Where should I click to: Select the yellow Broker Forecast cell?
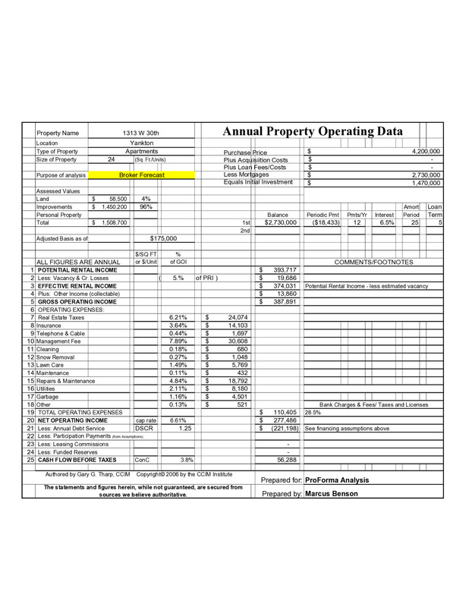[142, 175]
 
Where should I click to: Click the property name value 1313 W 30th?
[142, 132]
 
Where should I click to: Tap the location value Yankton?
[142, 143]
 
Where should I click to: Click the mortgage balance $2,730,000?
[278, 223]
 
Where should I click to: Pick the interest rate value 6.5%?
[386, 223]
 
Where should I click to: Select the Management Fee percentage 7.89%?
[178, 341]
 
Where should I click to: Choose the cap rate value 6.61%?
[178, 420]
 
